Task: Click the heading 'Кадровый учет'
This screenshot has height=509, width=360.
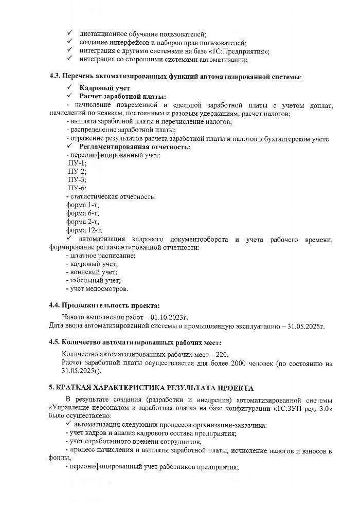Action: [101, 88]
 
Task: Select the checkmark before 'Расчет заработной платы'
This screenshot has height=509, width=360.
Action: [70, 96]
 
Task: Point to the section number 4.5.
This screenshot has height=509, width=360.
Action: [55, 342]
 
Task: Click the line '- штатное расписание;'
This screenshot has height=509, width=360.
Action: [101, 255]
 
